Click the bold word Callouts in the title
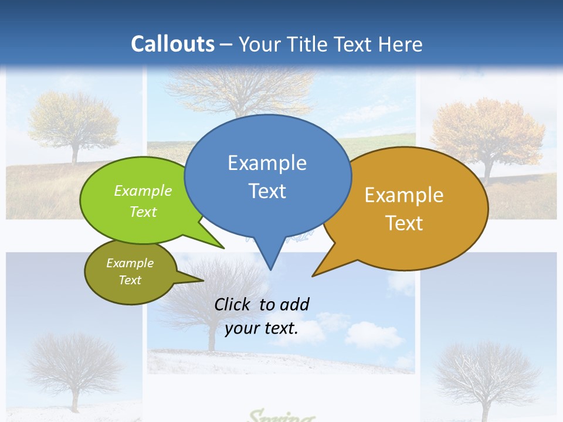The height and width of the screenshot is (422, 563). [x=172, y=44]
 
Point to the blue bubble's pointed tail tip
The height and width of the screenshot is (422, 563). [x=270, y=269]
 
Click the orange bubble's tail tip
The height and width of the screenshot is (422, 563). [x=313, y=275]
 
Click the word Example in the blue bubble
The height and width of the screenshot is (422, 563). [x=267, y=163]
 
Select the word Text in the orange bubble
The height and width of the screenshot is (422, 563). [x=404, y=223]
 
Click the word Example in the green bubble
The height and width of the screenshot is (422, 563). [x=143, y=190]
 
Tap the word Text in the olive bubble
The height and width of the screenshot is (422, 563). [x=130, y=280]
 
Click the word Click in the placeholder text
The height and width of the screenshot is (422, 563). [x=233, y=304]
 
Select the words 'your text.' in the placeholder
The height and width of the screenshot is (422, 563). [x=262, y=328]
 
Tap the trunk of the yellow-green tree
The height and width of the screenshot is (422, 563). [x=74, y=154]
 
